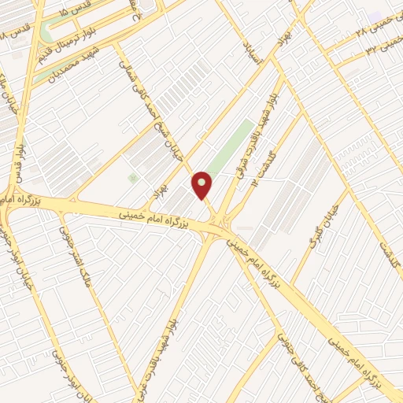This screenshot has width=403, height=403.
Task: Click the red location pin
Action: [203, 185]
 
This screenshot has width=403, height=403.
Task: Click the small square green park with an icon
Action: [132, 179]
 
